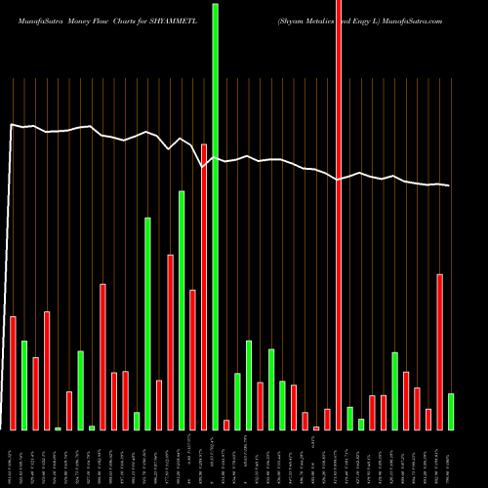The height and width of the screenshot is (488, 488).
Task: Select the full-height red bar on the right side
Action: click(339, 215)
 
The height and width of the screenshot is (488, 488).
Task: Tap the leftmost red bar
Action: click(14, 373)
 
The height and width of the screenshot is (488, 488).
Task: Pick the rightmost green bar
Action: click(451, 411)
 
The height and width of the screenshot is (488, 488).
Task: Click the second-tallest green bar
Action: click(182, 309)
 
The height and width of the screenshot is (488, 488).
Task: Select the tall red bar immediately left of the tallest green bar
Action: click(204, 286)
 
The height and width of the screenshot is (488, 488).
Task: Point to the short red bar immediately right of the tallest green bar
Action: click(226, 425)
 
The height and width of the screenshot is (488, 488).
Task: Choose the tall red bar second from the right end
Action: click(440, 351)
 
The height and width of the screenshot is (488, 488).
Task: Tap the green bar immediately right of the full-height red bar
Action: click(350, 418)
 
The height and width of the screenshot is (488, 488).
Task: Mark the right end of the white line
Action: click(450, 185)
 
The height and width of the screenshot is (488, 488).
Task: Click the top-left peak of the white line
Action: click(12, 124)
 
